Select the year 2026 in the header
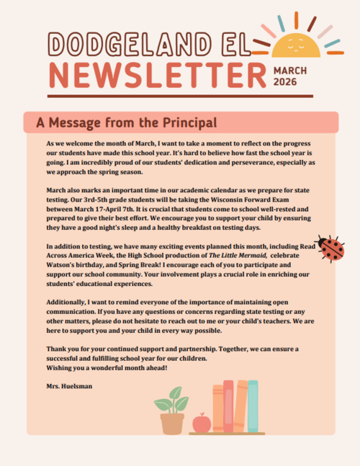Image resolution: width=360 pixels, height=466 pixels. (285, 82)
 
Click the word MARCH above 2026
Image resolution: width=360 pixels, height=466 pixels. (290, 70)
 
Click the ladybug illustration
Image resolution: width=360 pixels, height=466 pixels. (331, 248)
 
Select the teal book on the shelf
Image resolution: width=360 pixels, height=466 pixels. (253, 407)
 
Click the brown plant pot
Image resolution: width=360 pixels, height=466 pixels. (172, 423)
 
